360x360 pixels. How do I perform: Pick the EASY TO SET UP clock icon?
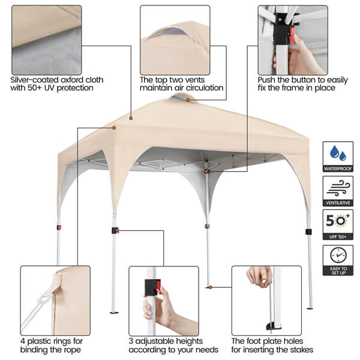click(337, 256)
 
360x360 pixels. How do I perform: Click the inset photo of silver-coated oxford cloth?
click(46, 40)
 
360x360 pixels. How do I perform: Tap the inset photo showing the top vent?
click(175, 40)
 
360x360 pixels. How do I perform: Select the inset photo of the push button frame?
click(292, 40)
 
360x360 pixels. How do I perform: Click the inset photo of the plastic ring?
click(55, 301)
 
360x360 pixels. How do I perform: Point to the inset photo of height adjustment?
click(163, 301)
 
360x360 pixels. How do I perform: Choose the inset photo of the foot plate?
click(266, 301)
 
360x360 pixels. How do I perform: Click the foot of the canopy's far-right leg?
click(310, 307)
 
